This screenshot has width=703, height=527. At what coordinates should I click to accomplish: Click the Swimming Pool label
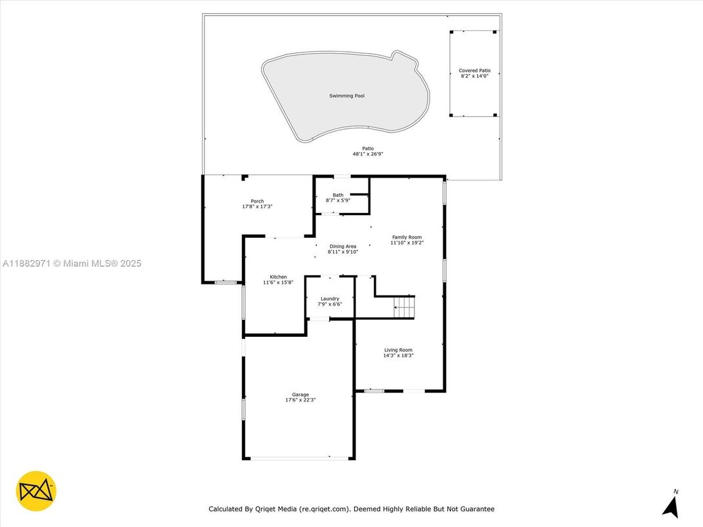click(347, 96)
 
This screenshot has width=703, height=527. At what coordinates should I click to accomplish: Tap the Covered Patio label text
click(474, 71)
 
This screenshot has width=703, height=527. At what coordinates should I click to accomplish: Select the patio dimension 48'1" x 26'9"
click(368, 154)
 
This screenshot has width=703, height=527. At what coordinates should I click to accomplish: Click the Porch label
click(257, 201)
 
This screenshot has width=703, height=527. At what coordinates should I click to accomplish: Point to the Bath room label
click(338, 195)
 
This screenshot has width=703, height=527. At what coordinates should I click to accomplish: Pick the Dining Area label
click(343, 246)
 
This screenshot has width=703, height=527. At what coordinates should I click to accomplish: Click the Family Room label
click(407, 237)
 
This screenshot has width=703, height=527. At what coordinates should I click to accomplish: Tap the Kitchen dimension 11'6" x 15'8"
click(278, 283)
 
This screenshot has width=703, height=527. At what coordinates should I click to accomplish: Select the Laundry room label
click(330, 299)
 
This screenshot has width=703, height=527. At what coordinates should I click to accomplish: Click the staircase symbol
click(404, 307)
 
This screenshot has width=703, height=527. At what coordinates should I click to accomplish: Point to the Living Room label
click(398, 350)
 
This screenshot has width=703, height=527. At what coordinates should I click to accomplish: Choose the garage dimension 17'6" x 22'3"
click(300, 400)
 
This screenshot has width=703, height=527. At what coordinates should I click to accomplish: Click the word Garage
click(300, 395)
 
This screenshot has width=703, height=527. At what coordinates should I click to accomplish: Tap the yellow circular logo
click(36, 491)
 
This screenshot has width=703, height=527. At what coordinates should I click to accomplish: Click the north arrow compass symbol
click(671, 504)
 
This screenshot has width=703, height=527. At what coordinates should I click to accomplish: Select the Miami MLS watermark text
click(71, 263)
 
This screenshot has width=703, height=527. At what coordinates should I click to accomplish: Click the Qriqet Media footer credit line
click(351, 509)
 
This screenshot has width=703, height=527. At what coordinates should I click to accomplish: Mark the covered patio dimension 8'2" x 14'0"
click(474, 76)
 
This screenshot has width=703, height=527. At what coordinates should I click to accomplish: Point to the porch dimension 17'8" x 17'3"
click(257, 206)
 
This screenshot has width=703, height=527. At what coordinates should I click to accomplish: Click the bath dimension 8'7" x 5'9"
click(338, 201)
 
